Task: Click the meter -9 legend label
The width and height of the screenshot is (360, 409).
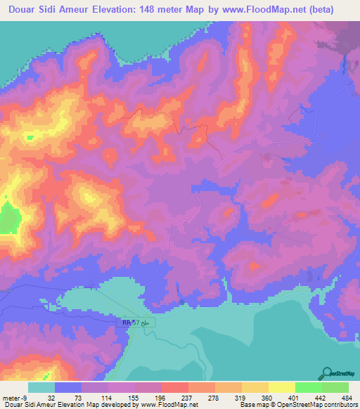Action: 13,397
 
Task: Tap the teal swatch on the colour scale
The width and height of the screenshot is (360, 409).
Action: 41,387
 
